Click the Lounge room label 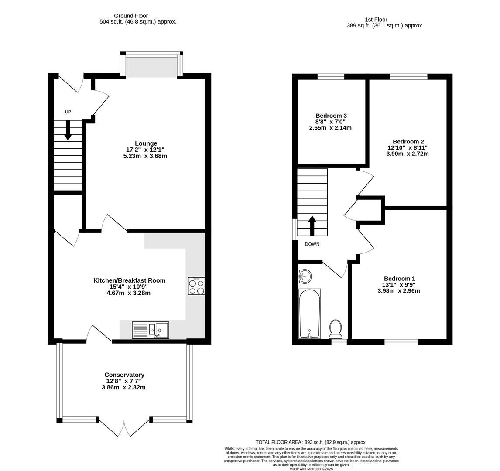[x=146, y=143]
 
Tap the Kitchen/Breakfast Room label [x=129, y=280]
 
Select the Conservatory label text [x=124, y=375]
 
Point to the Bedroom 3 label [x=331, y=116]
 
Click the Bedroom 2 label [x=408, y=141]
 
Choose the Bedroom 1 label [x=399, y=279]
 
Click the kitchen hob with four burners [x=196, y=286]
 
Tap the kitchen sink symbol [x=151, y=330]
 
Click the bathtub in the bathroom [x=309, y=314]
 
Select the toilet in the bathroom [x=336, y=329]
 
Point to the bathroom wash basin [x=305, y=276]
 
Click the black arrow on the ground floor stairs [x=68, y=130]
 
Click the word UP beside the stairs [x=68, y=112]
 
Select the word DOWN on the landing [x=312, y=244]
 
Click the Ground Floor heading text [x=131, y=16]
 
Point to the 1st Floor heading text [x=376, y=20]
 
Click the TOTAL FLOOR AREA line [x=311, y=442]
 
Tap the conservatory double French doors [x=124, y=427]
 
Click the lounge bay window [x=151, y=65]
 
